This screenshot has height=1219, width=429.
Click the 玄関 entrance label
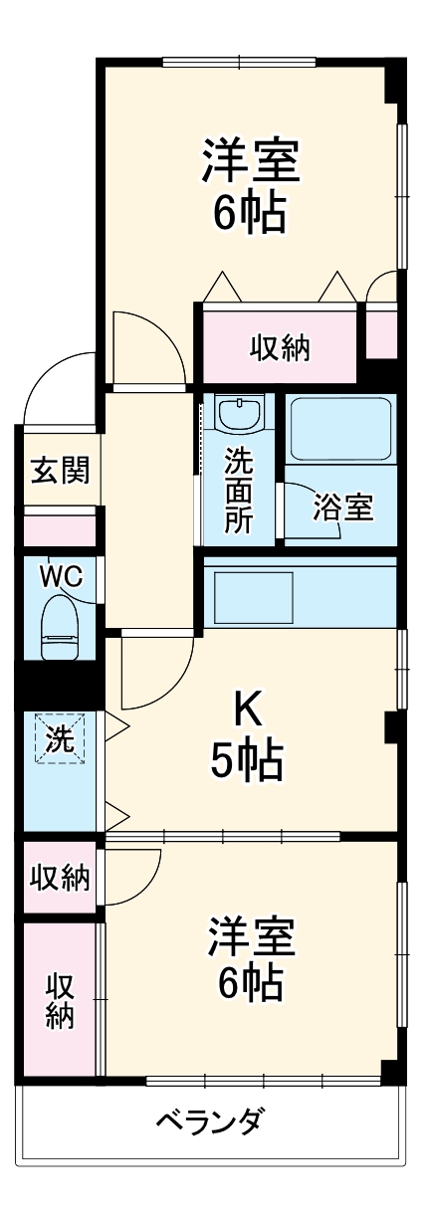point(59,471)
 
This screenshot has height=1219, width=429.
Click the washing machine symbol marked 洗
point(59,740)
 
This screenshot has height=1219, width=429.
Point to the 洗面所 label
point(238,491)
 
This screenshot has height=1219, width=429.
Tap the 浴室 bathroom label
point(342,507)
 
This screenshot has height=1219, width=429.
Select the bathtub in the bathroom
point(341,429)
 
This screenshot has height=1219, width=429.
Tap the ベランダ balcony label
point(209,1123)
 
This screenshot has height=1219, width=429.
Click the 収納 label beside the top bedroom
point(280,348)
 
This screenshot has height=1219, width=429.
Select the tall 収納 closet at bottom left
point(60,1000)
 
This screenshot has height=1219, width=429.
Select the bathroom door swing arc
point(317,512)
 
